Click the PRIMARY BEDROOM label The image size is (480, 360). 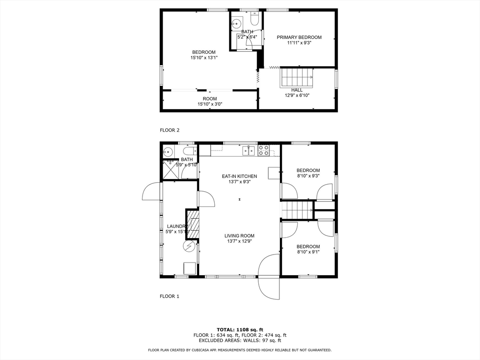click(299, 37)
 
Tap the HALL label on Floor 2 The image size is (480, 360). click(297, 90)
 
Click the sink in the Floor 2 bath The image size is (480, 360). click(237, 22)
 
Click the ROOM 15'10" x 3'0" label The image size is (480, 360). click(210, 99)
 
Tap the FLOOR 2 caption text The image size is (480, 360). click(169, 130)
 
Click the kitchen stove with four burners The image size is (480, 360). click(263, 150)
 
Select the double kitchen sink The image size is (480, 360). click(249, 150)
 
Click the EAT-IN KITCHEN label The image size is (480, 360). click(240, 176)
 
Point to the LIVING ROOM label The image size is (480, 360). click(239, 236)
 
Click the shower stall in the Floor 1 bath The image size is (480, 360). click(171, 169)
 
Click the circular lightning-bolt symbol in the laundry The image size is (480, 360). click(188, 246)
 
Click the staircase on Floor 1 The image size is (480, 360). click(297, 210)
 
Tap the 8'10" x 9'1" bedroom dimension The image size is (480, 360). click(308, 252)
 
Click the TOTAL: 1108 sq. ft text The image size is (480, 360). click(240, 330)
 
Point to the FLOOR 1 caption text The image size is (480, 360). click(169, 296)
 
